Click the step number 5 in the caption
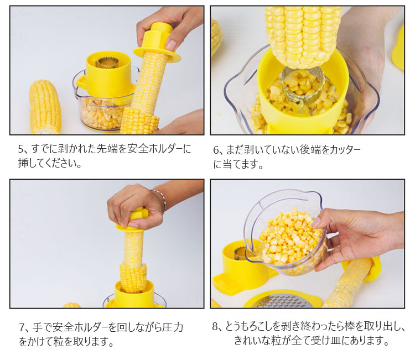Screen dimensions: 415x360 (x=21, y=149)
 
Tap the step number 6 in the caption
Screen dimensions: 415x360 (x=216, y=150)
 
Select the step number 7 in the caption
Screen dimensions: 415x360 (x=22, y=328)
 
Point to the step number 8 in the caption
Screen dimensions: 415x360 (x=215, y=327)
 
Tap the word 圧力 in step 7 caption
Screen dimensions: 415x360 (x=173, y=327)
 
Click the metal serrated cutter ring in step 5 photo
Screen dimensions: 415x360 (x=107, y=62)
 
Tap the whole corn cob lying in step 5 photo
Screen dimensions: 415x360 (x=45, y=108)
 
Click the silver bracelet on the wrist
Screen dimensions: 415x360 (x=160, y=200)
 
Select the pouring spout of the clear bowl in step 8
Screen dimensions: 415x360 (x=250, y=253)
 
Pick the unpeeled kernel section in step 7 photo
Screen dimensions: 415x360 (x=133, y=278)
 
